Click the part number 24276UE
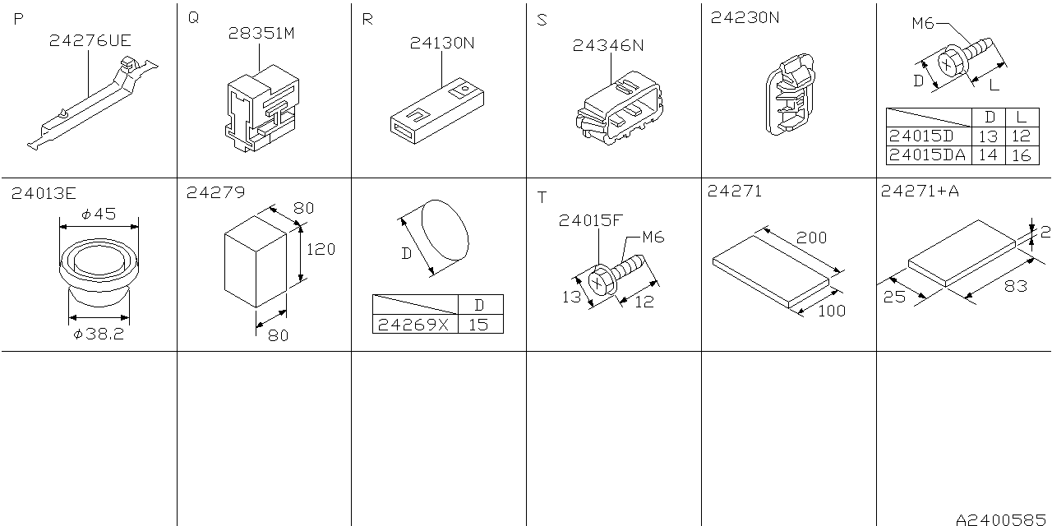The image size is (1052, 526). point(90,41)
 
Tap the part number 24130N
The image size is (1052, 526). point(442,44)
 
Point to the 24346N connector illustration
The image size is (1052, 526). point(619,108)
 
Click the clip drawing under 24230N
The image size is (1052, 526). point(790,94)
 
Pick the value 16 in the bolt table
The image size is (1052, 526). point(1021,155)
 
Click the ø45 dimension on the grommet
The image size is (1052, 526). point(99,215)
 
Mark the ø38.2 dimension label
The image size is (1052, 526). point(99,334)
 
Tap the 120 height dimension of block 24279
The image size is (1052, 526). point(321,249)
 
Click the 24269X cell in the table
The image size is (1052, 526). point(413,325)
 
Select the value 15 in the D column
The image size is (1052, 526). point(478,325)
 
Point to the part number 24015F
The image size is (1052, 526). point(590,221)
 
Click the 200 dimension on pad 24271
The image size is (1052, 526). point(811,238)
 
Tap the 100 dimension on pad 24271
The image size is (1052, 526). point(831,311)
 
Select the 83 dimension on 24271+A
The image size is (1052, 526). point(1015,285)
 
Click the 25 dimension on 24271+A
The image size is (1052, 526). point(894,297)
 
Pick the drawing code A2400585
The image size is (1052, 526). point(1001,519)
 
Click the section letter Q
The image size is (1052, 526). point(193,18)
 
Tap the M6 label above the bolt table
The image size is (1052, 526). point(923,24)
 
